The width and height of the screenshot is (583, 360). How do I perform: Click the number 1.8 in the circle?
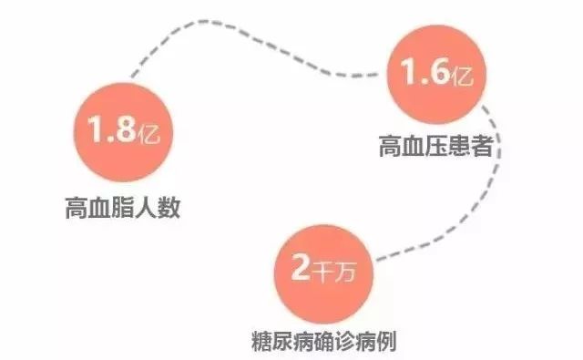(111, 129)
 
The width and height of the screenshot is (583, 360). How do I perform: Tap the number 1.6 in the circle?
(425, 71)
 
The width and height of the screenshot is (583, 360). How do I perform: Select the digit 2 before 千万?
(300, 266)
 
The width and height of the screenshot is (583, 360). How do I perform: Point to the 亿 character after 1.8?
(148, 132)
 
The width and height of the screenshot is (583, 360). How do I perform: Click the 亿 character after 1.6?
(462, 75)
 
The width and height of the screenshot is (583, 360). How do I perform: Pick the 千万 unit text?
(334, 271)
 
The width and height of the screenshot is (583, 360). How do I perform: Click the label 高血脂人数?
(123, 208)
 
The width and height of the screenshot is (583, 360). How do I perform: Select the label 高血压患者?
(436, 146)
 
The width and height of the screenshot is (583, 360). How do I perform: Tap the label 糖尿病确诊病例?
(324, 340)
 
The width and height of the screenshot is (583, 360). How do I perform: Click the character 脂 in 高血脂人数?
(123, 208)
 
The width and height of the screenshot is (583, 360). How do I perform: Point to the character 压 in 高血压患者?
(436, 146)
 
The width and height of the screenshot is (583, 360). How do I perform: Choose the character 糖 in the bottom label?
(261, 340)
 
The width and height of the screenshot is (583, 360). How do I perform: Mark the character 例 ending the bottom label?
(386, 340)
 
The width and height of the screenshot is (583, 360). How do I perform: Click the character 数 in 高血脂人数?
(169, 208)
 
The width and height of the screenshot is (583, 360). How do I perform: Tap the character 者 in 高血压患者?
(482, 146)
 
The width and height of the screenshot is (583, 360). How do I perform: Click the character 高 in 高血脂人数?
(77, 208)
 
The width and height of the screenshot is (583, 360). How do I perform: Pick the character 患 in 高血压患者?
(459, 146)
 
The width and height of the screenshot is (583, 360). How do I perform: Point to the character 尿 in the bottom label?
(282, 340)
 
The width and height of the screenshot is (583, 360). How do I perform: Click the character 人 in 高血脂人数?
(146, 208)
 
